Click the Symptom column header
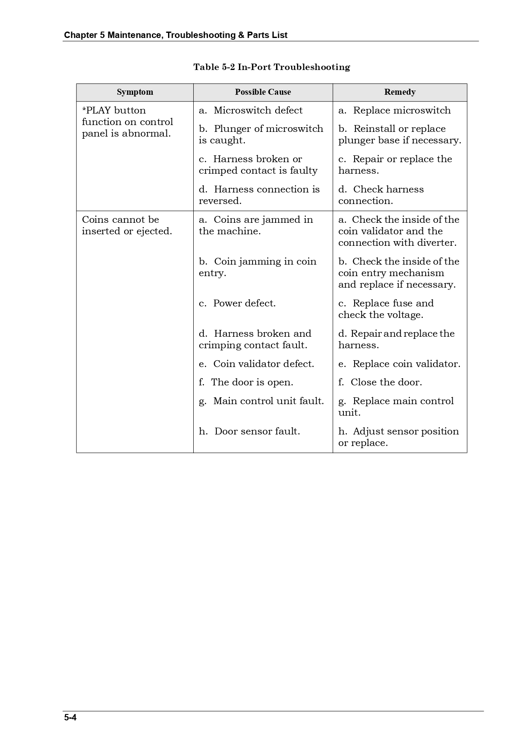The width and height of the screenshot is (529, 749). click(x=135, y=92)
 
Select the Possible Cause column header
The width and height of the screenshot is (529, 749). click(x=263, y=92)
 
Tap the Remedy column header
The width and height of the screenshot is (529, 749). click(x=400, y=92)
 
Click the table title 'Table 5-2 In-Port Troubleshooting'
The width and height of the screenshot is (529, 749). click(x=272, y=67)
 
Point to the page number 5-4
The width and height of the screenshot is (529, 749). click(x=70, y=717)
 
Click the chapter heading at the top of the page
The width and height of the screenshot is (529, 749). click(x=175, y=35)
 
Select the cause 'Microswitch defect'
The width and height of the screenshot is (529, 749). click(x=258, y=111)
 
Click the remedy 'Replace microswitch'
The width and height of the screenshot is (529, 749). click(x=401, y=111)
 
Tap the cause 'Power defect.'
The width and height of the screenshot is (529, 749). click(x=244, y=303)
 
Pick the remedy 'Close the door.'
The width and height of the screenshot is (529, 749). click(x=386, y=382)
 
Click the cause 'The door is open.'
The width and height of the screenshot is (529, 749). click(x=252, y=382)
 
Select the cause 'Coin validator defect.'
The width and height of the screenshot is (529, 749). click(x=263, y=364)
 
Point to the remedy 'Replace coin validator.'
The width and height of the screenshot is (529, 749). click(x=406, y=364)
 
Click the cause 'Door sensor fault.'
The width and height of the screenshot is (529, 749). click(x=257, y=431)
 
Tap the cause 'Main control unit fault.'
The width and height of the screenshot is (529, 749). click(x=268, y=401)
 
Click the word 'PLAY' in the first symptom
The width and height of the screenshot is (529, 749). click(x=98, y=111)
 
